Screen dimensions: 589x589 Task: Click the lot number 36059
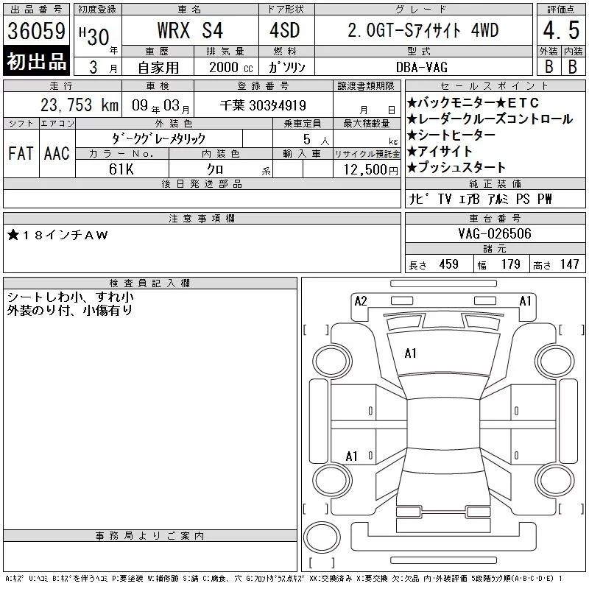click(x=36, y=31)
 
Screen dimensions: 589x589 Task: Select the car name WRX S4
click(x=190, y=30)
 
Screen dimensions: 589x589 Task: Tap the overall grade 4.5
click(x=561, y=30)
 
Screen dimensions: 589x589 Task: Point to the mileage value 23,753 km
click(x=80, y=105)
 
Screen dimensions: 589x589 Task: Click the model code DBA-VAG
click(x=422, y=67)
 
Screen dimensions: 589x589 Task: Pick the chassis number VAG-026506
click(x=495, y=233)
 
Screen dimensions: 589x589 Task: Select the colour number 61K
click(x=121, y=169)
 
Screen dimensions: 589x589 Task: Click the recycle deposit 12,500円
click(x=370, y=170)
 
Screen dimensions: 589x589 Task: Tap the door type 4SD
click(x=285, y=30)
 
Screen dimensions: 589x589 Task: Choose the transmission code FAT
click(x=21, y=153)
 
